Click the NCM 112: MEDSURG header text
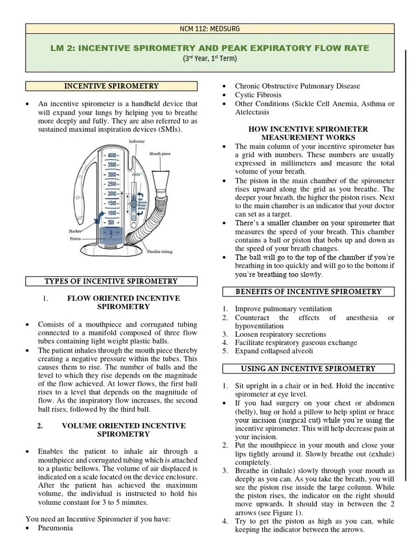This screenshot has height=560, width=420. click(x=210, y=29)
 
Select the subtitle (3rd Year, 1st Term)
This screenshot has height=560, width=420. click(x=210, y=59)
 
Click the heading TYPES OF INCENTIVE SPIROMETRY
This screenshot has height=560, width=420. click(x=111, y=281)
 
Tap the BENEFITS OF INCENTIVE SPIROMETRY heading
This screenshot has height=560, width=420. click(x=308, y=292)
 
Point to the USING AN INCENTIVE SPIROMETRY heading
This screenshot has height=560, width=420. click(x=308, y=369)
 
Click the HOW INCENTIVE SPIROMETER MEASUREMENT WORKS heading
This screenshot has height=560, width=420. click(x=308, y=133)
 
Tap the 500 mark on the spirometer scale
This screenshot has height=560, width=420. click(x=112, y=222)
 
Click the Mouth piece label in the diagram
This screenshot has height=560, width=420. click(x=160, y=154)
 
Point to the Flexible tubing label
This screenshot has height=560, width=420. click(x=160, y=252)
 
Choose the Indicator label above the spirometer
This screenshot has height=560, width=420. click(x=137, y=142)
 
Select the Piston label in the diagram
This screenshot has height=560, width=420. click(x=77, y=238)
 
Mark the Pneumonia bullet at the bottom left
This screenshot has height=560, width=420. click(x=55, y=528)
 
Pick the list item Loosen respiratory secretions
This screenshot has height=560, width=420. click(x=281, y=334)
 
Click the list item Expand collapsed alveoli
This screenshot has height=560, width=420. click(x=274, y=352)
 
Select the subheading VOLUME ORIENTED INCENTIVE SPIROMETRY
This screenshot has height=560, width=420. click(x=123, y=430)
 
